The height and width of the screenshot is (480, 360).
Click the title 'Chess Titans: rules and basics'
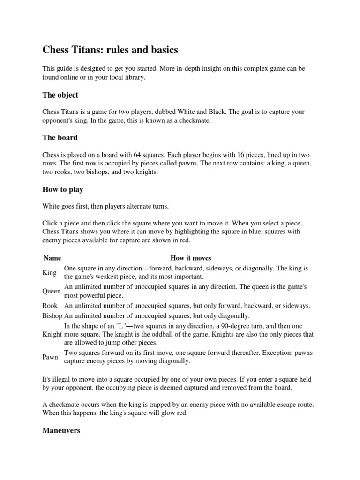pyautogui.click(x=110, y=49)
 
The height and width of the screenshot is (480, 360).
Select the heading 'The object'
pyautogui.click(x=60, y=95)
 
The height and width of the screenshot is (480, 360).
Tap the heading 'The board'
pyautogui.click(x=60, y=138)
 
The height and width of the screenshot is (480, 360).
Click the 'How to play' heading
pyautogui.click(x=63, y=189)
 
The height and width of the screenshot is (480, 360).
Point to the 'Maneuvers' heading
pyautogui.click(x=61, y=430)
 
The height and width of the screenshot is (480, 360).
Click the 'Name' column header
pyautogui.click(x=52, y=258)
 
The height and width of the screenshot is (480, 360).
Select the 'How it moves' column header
pyautogui.click(x=190, y=258)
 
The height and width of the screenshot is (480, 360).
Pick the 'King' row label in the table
pyautogui.click(x=49, y=272)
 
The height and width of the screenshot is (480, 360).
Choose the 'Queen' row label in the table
pyautogui.click(x=52, y=291)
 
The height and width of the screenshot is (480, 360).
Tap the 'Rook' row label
pyautogui.click(x=50, y=306)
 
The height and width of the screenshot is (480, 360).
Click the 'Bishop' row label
pyautogui.click(x=52, y=315)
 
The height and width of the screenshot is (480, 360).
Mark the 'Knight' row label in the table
pyautogui.click(x=52, y=334)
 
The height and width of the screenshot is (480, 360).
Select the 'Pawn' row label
pyautogui.click(x=50, y=357)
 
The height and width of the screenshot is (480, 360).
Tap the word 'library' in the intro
pyautogui.click(x=133, y=78)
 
